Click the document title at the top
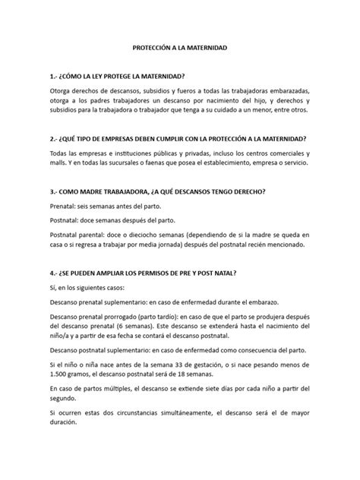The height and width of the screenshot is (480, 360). click(x=179, y=48)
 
